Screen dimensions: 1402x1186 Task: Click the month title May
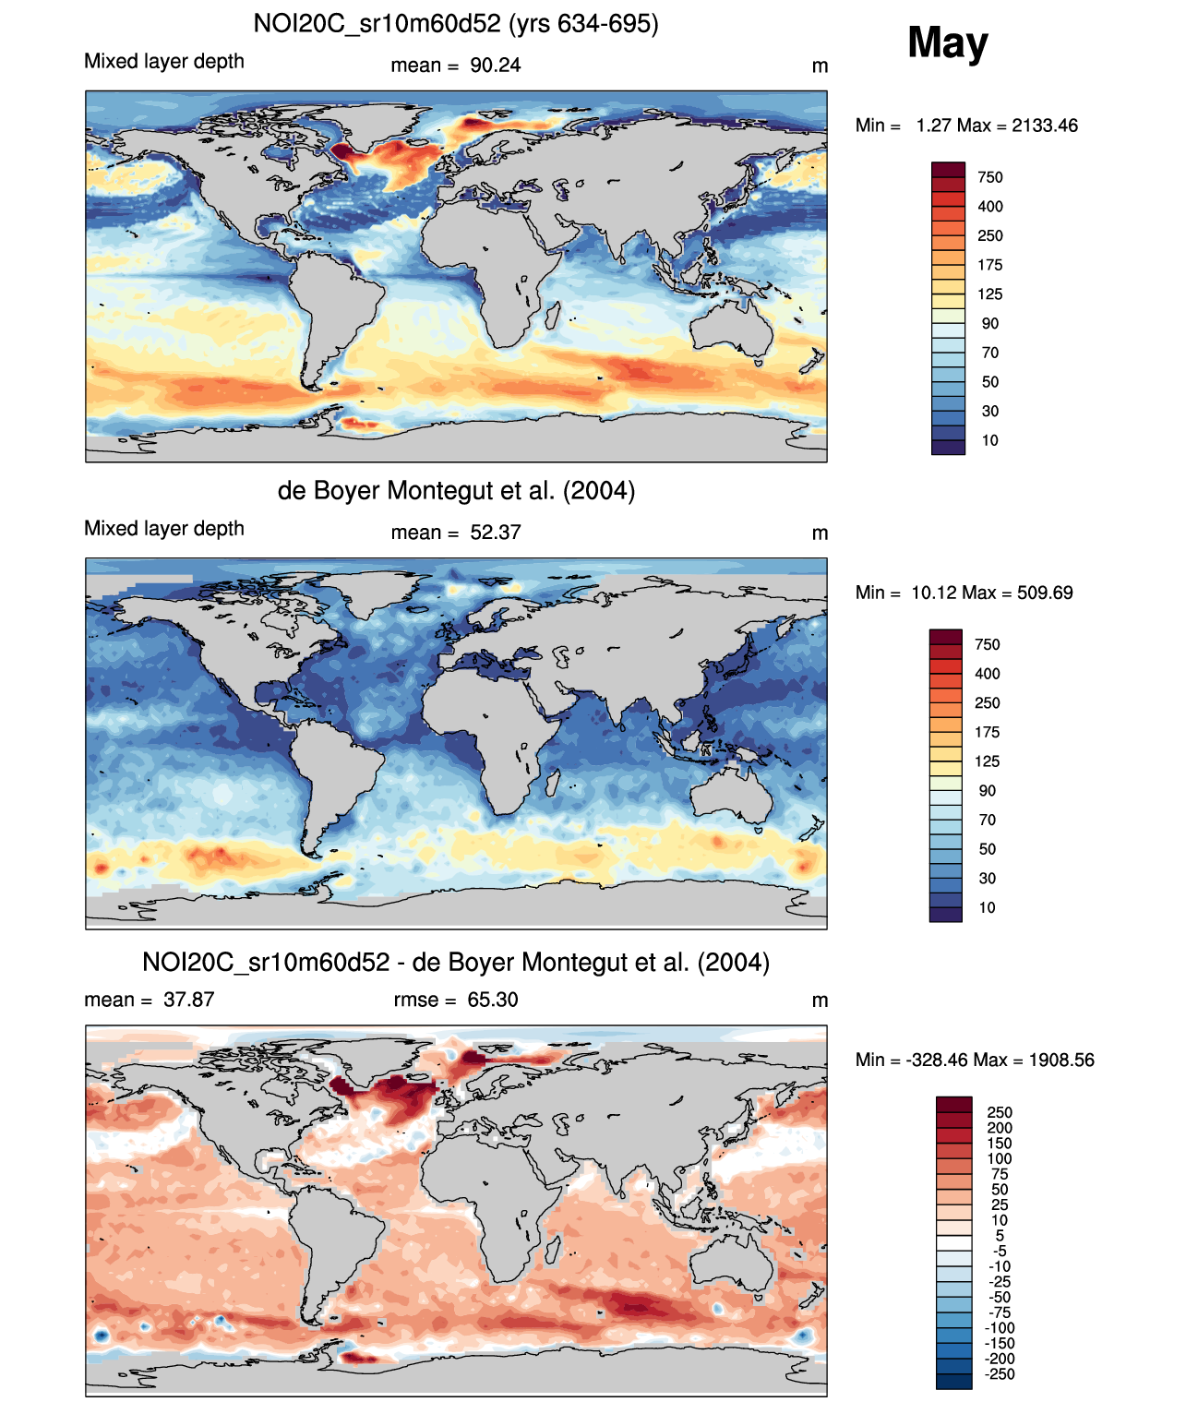click(947, 43)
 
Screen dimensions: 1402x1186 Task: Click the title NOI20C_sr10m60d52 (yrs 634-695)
click(456, 23)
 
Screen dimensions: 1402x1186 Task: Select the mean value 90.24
click(495, 66)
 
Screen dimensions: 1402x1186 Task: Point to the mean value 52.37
click(495, 533)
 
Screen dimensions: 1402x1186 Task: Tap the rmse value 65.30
click(492, 1000)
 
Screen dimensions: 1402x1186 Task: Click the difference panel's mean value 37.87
click(188, 1000)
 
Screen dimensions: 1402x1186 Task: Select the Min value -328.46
click(933, 1060)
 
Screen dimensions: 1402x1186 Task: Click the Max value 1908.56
click(1061, 1060)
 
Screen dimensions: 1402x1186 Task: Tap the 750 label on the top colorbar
click(989, 177)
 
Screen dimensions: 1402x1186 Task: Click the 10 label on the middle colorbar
click(987, 907)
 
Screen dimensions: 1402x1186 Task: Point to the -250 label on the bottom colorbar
click(1000, 1374)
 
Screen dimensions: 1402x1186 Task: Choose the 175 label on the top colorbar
click(989, 265)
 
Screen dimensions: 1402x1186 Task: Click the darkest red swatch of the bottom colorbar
click(953, 1105)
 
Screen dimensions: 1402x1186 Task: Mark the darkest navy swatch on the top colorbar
click(948, 448)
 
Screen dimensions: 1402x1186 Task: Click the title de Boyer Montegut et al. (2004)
click(456, 490)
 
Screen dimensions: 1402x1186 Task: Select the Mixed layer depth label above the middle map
click(164, 528)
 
